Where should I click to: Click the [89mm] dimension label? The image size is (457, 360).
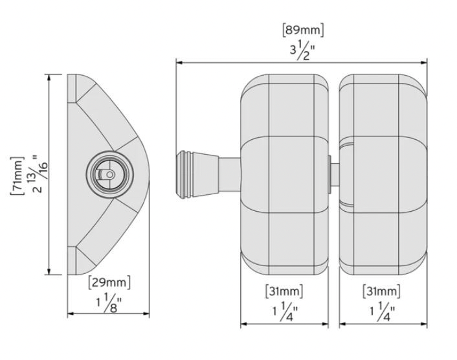click(x=303, y=30)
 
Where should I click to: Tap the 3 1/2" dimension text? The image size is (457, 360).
click(x=302, y=51)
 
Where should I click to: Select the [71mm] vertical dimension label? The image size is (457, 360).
click(x=17, y=175)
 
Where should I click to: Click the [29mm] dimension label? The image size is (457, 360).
click(x=109, y=282)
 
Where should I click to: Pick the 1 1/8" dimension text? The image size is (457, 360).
click(x=109, y=303)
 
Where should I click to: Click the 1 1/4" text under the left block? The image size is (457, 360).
click(x=285, y=311)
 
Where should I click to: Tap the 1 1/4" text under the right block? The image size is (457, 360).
click(x=383, y=311)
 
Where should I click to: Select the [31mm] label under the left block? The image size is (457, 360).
click(x=284, y=291)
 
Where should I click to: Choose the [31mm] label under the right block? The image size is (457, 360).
click(x=381, y=291)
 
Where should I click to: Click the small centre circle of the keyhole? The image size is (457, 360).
click(x=109, y=174)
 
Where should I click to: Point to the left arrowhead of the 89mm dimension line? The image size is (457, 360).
click(x=179, y=62)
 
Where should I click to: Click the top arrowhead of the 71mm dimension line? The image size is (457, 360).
click(x=49, y=78)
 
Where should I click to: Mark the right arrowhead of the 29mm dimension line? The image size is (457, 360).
click(x=146, y=313)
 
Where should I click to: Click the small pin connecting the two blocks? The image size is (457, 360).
click(x=334, y=174)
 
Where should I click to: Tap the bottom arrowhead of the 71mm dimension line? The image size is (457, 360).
click(x=49, y=271)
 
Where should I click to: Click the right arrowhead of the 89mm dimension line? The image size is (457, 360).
click(x=424, y=62)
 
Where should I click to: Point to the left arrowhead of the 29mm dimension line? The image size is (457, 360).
click(x=71, y=313)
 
